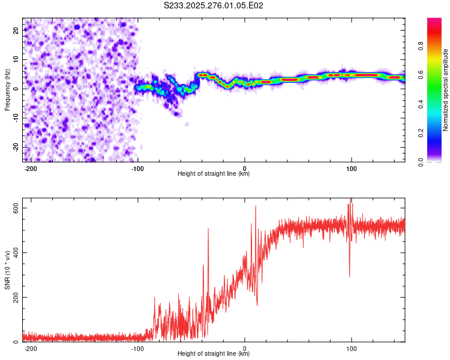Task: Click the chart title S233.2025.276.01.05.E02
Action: (x=214, y=6)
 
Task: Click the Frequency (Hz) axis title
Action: (x=7, y=89)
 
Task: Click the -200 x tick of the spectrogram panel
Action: (x=31, y=167)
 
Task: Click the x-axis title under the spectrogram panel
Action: (x=214, y=174)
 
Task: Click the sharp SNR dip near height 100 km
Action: (x=350, y=276)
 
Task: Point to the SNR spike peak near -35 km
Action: (x=208, y=229)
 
